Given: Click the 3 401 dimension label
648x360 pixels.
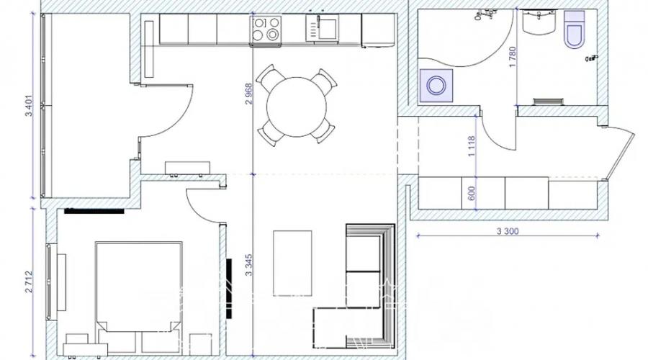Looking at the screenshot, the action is [29, 107].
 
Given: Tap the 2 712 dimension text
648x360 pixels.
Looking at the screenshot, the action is [29, 282].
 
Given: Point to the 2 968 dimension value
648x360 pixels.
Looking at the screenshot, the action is [248, 94].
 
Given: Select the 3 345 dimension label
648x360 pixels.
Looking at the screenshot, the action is [248, 265].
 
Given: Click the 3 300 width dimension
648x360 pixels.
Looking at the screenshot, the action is [508, 231].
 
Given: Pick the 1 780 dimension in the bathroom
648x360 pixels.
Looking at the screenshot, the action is [513, 57].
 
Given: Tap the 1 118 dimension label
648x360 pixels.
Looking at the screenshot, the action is [472, 147].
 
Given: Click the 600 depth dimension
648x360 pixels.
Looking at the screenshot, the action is [472, 193].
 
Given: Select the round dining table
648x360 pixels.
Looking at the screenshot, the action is [297, 107].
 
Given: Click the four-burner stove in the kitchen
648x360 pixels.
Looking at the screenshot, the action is [266, 29].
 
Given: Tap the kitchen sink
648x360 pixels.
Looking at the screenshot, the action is [323, 27].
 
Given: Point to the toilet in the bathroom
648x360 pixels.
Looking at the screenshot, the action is [574, 30].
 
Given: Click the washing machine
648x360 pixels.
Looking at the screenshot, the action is [436, 86].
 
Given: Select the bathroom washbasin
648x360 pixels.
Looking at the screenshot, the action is [538, 22].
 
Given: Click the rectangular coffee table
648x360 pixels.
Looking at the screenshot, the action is [292, 264].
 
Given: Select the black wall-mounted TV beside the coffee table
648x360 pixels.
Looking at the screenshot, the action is [229, 289].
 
